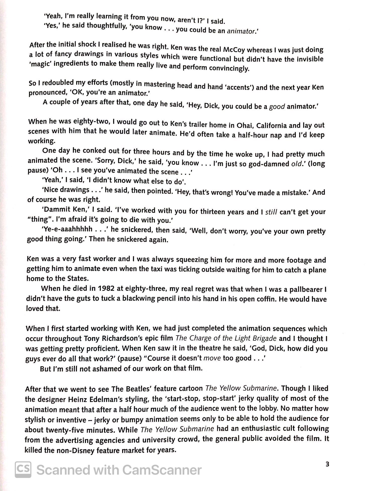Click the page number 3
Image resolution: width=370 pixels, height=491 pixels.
tap(327, 464)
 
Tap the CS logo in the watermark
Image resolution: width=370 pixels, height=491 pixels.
tap(23, 469)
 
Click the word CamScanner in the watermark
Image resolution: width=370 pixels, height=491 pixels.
tap(162, 470)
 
